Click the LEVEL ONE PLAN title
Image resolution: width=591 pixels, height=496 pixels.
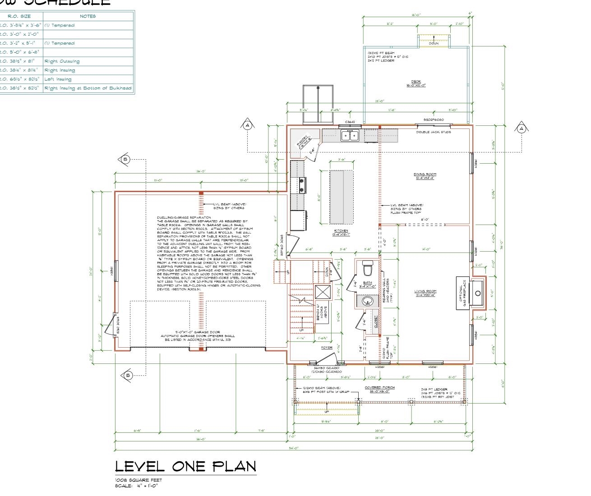185,466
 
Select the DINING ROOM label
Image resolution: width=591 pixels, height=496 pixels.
425,175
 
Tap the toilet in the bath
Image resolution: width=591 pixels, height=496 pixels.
367,269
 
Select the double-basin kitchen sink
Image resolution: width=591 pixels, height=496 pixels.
350,135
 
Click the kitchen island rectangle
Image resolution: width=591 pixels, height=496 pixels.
342,196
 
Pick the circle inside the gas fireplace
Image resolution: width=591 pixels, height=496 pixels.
478,293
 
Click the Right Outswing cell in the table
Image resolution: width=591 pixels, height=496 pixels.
62,61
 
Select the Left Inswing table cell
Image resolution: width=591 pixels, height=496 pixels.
58,79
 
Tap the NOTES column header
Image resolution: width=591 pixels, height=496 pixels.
88,16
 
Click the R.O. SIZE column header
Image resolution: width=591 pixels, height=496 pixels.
20,16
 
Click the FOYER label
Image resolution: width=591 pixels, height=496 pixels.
326,348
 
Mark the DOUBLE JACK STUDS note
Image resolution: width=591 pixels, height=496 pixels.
433,132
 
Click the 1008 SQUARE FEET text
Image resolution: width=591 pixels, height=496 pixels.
138,480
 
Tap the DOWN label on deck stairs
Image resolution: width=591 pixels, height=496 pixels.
433,44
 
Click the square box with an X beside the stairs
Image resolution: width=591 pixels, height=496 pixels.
322,292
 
